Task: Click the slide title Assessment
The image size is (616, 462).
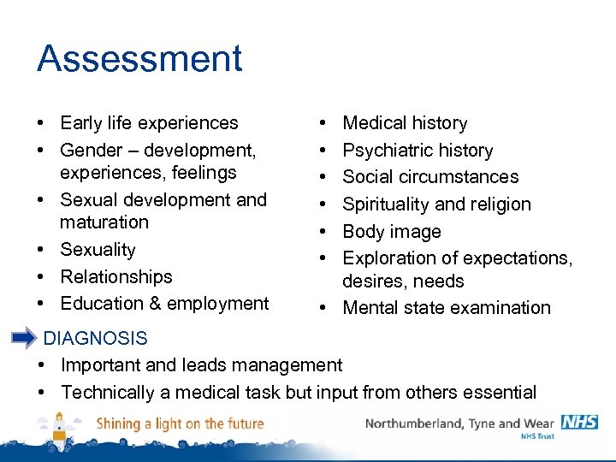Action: (139, 58)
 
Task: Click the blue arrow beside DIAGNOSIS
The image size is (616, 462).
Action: (24, 338)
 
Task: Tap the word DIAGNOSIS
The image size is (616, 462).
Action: (95, 339)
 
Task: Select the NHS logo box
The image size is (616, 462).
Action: (579, 422)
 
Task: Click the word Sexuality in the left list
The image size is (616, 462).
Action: (98, 250)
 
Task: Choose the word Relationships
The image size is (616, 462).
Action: (116, 277)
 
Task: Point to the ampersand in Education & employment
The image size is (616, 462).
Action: (152, 304)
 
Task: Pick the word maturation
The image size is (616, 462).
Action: (104, 222)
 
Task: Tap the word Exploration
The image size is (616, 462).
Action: (388, 258)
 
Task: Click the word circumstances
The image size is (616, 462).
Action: (467, 177)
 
